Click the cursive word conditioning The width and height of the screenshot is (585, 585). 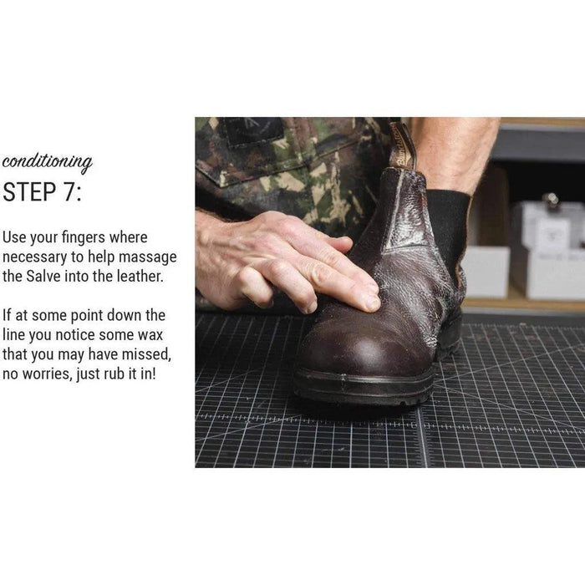point(47,163)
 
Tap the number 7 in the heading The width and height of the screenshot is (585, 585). point(69,191)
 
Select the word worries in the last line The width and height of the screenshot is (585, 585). point(46,374)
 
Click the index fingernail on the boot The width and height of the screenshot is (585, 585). point(373,302)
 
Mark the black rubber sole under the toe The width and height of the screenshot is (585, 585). point(364,388)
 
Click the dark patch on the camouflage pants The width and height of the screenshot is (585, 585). point(254,131)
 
